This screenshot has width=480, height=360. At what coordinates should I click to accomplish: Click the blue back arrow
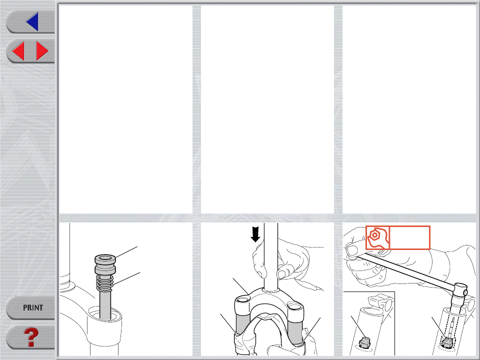33,21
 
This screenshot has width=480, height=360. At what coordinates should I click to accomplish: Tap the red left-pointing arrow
18,51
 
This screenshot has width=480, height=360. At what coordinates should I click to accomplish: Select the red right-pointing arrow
42,51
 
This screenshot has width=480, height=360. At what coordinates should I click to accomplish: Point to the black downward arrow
255,234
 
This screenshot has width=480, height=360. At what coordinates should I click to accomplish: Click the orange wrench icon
378,237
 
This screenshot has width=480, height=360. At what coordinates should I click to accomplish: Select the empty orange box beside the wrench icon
409,237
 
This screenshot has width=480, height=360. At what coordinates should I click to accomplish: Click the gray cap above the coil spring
105,264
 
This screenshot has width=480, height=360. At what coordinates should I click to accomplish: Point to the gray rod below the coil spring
105,305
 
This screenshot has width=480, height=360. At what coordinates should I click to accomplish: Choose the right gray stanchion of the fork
294,329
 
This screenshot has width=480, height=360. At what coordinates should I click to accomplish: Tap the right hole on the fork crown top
295,305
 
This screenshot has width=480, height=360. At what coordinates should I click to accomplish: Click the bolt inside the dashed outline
447,341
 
